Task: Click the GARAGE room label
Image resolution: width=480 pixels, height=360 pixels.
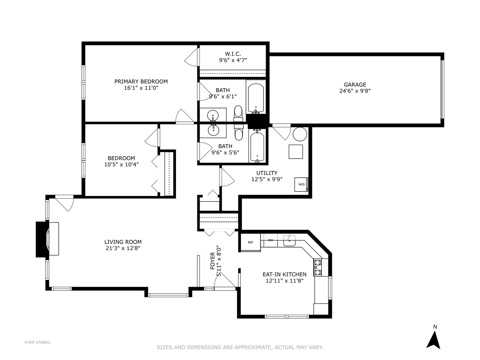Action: tap(355, 85)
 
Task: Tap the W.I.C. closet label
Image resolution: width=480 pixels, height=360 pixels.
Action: tap(233, 54)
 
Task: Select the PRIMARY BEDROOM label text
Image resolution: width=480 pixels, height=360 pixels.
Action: tap(141, 81)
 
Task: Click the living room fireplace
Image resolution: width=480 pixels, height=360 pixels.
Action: tap(47, 239)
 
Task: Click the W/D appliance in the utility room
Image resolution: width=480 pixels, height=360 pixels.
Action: tap(301, 184)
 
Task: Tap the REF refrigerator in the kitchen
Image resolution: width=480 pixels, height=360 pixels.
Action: tap(250, 242)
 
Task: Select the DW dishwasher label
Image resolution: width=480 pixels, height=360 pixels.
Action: tap(271, 240)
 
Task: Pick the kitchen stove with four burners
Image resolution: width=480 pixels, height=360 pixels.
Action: tap(318, 267)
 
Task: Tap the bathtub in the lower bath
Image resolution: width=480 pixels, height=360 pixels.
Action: tap(257, 147)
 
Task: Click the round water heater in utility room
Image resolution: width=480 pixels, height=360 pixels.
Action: tap(300, 134)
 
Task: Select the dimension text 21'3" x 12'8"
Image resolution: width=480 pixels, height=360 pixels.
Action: tap(123, 248)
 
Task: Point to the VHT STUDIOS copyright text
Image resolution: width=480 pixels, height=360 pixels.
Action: tap(37, 342)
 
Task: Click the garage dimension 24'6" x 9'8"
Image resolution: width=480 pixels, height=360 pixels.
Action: tap(355, 91)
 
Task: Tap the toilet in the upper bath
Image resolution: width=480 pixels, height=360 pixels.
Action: tap(238, 113)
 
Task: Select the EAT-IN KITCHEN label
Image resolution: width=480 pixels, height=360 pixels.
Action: tap(284, 274)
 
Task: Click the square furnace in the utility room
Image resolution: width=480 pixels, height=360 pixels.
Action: tap(296, 152)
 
